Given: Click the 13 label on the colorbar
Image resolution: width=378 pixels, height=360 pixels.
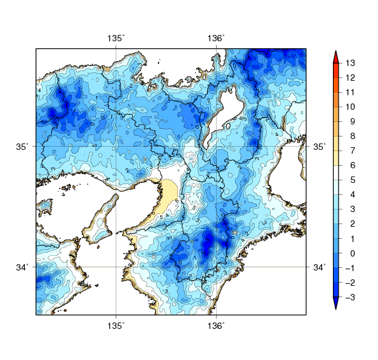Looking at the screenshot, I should pos(351,63).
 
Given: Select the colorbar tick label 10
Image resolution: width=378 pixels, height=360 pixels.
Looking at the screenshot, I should pos(351,107).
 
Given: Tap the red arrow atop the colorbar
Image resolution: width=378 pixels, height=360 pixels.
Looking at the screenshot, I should pos(337,55).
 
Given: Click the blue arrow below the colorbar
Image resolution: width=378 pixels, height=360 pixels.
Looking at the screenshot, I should pos(337,304).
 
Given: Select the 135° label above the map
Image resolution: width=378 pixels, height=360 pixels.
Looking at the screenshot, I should pos(116,39).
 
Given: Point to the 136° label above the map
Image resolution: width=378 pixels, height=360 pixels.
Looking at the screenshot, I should pos(216,39).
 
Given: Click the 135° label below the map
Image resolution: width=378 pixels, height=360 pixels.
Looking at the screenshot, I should pos(116,326).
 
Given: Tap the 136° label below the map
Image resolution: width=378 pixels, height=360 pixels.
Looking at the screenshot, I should pos(216,326).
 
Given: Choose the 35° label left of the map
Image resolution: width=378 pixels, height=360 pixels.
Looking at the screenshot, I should pos(23,147).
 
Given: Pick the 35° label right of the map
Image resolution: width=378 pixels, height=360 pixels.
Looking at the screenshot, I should pos(320,147).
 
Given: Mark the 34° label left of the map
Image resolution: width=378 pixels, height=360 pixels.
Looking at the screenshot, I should pos(23,267).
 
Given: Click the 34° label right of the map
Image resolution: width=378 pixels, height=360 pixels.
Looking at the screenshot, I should pos(320,267).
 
